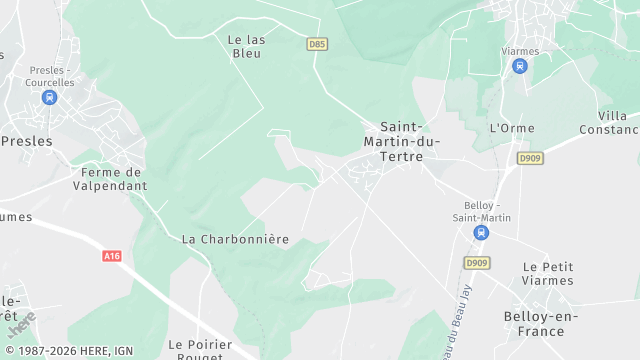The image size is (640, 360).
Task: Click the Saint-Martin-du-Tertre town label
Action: [402, 142]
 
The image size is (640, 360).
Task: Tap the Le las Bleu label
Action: [245, 46]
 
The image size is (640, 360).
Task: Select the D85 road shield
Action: [317, 44]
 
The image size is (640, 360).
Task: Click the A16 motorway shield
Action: [112, 256]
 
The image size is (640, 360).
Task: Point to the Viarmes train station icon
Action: [519, 66]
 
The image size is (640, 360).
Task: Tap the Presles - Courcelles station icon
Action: [50, 97]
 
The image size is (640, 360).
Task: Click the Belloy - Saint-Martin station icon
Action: [481, 232]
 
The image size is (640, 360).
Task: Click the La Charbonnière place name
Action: [235, 239]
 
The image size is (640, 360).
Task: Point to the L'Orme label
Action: [512, 128]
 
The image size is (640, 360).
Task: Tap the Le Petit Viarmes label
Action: [548, 274]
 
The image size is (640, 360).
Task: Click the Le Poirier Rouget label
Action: [201, 350]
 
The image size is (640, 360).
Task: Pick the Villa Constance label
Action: [610, 122]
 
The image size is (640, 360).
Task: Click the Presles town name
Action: [27, 141]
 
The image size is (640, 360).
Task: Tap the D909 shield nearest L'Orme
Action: [530, 158]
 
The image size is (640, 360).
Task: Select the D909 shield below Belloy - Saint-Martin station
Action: [477, 263]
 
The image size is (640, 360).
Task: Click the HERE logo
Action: [21, 326]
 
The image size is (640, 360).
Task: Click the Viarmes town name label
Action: [519, 51]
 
